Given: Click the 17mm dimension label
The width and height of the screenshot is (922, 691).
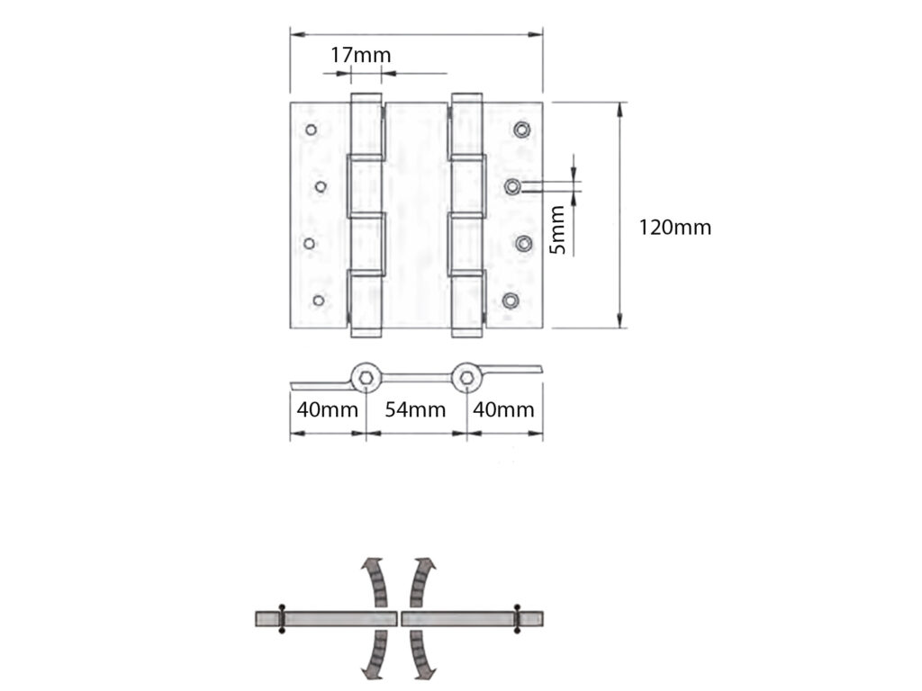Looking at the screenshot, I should pyautogui.click(x=360, y=55).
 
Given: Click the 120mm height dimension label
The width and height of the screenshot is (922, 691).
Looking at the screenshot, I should pyautogui.click(x=674, y=228).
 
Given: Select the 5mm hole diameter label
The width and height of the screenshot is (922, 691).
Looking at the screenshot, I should pyautogui.click(x=559, y=229).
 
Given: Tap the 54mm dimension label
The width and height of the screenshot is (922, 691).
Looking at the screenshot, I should pyautogui.click(x=415, y=410).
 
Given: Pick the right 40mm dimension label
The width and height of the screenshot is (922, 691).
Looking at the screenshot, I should pyautogui.click(x=503, y=410).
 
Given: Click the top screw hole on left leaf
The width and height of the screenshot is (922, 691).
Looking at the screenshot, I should pyautogui.click(x=311, y=130).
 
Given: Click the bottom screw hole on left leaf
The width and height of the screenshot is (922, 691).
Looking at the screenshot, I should pyautogui.click(x=318, y=301).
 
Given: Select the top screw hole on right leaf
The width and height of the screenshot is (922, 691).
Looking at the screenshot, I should pyautogui.click(x=521, y=130).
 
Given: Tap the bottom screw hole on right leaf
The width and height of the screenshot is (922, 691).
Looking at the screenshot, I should pyautogui.click(x=511, y=301).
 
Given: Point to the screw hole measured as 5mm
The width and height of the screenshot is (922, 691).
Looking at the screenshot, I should pyautogui.click(x=511, y=186).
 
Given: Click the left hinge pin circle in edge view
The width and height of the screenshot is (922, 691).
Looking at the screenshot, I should pyautogui.click(x=365, y=378).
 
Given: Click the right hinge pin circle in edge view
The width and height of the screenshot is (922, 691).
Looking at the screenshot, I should pyautogui.click(x=466, y=378).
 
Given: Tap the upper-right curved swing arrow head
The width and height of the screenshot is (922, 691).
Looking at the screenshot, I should pyautogui.click(x=426, y=563).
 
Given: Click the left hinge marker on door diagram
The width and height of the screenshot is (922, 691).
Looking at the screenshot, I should pyautogui.click(x=282, y=618).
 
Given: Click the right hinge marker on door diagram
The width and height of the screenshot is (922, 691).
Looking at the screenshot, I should pyautogui.click(x=517, y=618).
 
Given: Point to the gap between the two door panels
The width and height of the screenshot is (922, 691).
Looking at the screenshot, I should pyautogui.click(x=399, y=618).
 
